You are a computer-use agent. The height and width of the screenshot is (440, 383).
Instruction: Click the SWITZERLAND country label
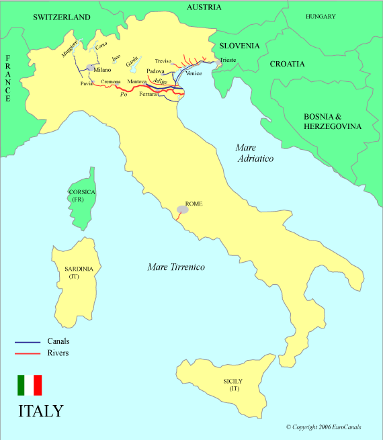tap(62, 17)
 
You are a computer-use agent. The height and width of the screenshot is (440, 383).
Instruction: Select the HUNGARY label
tap(321, 16)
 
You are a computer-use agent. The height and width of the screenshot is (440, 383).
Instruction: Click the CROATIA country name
tap(287, 64)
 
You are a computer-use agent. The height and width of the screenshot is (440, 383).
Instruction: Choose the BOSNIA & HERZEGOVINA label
tap(332, 121)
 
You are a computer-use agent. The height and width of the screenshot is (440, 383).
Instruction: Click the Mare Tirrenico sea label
tap(176, 267)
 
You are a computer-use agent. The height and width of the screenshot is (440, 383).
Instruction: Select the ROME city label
tap(194, 204)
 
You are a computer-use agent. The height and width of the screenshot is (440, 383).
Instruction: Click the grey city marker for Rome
tap(183, 210)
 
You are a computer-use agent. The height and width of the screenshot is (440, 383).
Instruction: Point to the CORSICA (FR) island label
tap(82, 195)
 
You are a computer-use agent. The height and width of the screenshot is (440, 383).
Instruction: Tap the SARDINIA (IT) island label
tap(79, 272)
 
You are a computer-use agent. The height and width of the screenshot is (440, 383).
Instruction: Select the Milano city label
tap(102, 70)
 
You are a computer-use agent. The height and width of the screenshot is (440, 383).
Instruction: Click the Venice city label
tap(194, 73)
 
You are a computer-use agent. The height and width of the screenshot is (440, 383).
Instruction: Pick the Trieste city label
tap(226, 60)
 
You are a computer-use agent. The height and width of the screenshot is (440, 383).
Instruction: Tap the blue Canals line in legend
tap(28, 342)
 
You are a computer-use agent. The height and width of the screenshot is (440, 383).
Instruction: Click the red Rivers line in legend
tap(28, 353)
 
